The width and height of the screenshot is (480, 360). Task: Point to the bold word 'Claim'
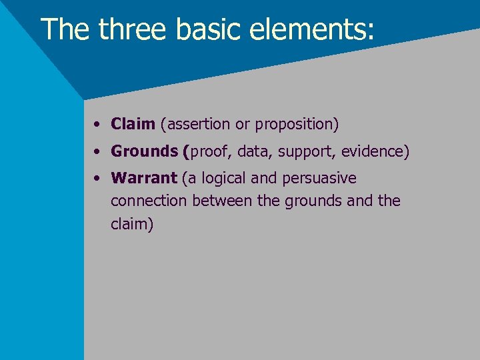coord(133,124)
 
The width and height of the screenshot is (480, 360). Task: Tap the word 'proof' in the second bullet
coord(209,151)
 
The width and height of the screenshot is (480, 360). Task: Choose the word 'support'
coord(307,151)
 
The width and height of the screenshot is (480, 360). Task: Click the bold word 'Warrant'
coord(144,179)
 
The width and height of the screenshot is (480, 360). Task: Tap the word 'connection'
coord(149,201)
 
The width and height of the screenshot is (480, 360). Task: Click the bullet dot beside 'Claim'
coord(97,124)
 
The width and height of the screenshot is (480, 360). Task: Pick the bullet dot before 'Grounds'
coord(97,151)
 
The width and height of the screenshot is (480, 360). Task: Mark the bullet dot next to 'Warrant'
coord(97,179)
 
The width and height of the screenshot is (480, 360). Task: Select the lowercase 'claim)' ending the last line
coord(132,224)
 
